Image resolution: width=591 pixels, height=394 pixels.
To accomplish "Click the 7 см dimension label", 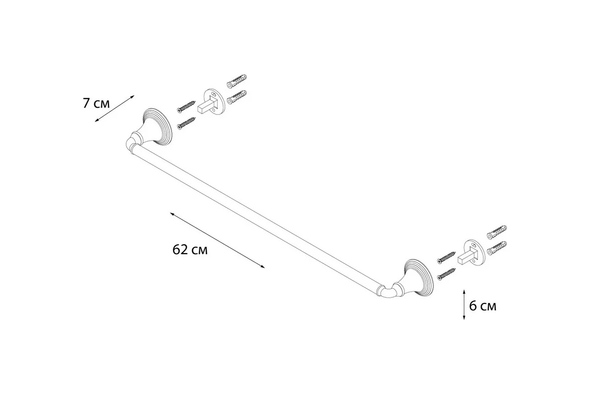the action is click(x=96, y=103).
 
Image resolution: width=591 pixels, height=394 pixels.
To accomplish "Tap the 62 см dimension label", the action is click(x=190, y=249).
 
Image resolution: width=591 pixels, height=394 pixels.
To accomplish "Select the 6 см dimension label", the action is click(x=483, y=306).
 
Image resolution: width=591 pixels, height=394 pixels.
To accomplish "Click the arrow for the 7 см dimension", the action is click(x=114, y=108).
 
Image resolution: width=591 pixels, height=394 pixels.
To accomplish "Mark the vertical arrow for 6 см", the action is click(x=464, y=304).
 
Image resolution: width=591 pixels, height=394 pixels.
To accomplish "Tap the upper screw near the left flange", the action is click(x=186, y=107).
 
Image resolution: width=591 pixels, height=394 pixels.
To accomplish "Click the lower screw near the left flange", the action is click(x=186, y=124).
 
